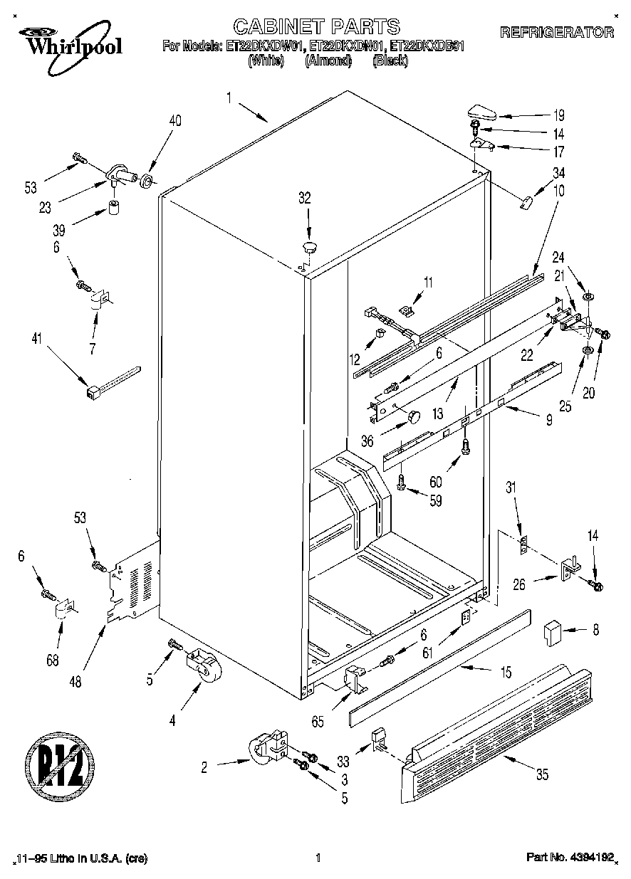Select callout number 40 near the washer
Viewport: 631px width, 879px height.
coord(174,121)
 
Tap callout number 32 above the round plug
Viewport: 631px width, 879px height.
coord(304,199)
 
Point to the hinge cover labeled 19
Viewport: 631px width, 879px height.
coord(481,112)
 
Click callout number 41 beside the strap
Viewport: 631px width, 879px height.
coord(36,340)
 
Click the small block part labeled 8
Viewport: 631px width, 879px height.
coord(551,631)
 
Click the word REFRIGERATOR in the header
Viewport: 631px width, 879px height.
coord(558,32)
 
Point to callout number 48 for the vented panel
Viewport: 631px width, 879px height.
coord(75,681)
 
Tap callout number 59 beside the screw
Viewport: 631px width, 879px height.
coord(435,501)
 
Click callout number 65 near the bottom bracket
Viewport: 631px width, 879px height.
coord(317,722)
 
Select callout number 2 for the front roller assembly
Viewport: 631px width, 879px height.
coord(204,767)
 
